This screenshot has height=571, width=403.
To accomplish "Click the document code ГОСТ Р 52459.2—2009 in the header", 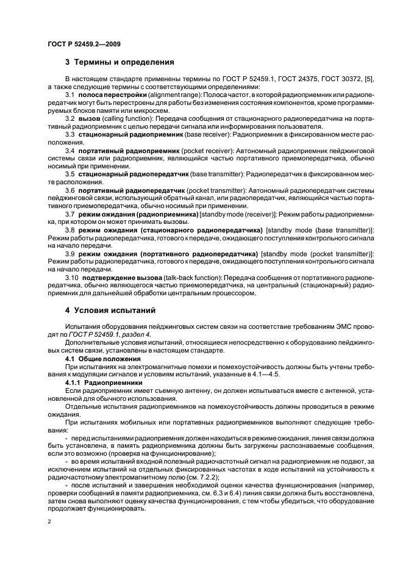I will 83,44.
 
